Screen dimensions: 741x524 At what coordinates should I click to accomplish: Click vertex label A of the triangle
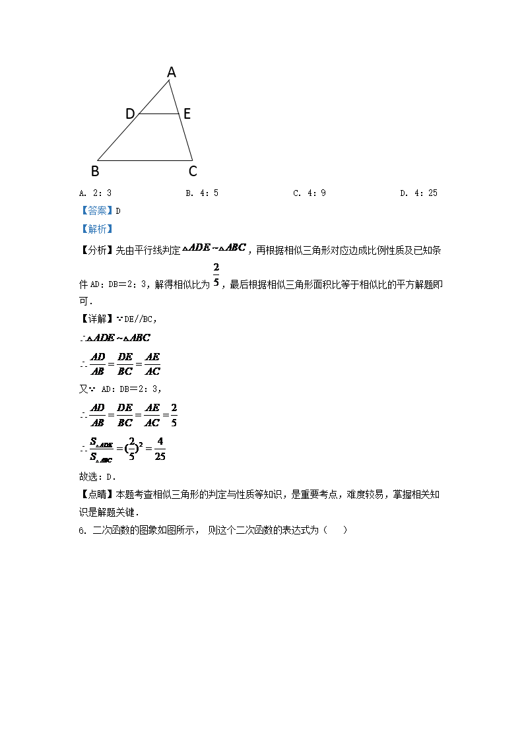pyautogui.click(x=172, y=72)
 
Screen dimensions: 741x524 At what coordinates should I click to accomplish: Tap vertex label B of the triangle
pyautogui.click(x=95, y=172)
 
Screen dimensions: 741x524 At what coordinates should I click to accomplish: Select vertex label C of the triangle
pyautogui.click(x=193, y=172)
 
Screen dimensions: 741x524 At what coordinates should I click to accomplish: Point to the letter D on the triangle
pyautogui.click(x=130, y=114)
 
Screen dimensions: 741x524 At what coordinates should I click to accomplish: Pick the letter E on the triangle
pyautogui.click(x=187, y=114)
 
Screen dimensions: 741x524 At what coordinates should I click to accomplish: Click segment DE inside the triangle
pyautogui.click(x=158, y=114)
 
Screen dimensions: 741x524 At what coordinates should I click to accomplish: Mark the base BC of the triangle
pyautogui.click(x=145, y=160)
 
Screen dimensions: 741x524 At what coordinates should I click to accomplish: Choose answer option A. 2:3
pyautogui.click(x=95, y=193)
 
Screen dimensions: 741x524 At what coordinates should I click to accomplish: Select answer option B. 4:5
pyautogui.click(x=202, y=193)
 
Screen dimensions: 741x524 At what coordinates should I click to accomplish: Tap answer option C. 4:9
pyautogui.click(x=310, y=193)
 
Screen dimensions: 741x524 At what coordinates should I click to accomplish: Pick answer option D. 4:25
pyautogui.click(x=418, y=193)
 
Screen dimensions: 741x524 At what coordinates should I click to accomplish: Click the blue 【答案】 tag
pyautogui.click(x=96, y=211)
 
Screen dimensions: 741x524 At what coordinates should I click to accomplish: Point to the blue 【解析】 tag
pyautogui.click(x=96, y=229)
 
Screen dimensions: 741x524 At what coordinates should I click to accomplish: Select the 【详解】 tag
pyautogui.click(x=96, y=318)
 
